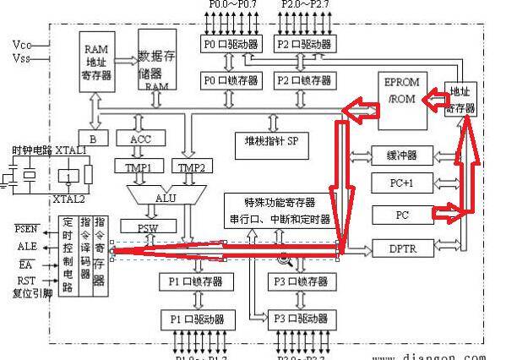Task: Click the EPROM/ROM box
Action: pos(404,101)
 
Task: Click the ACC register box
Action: pos(140,139)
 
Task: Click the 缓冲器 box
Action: pos(401,155)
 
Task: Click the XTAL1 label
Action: pos(71,150)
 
